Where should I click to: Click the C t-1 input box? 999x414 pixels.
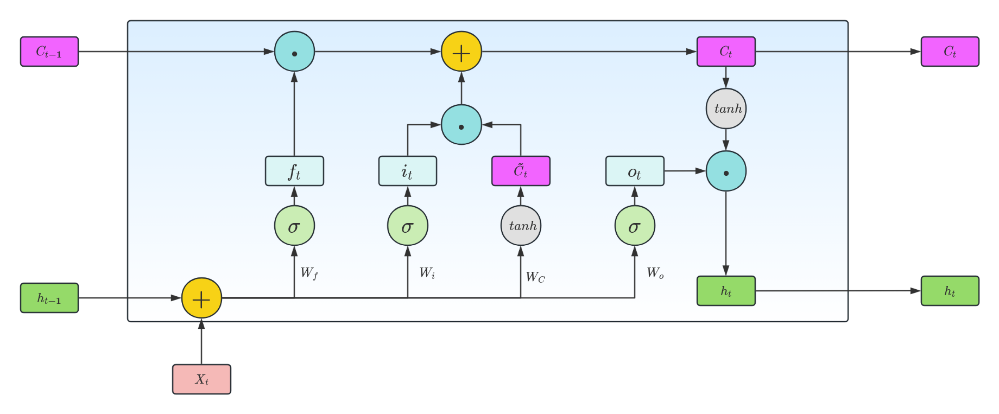click(49, 52)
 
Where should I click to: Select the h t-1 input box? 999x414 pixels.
click(49, 298)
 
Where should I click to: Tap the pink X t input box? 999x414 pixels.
click(201, 379)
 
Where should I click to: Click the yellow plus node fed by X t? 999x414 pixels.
click(201, 298)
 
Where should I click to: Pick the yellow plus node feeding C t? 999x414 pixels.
click(461, 52)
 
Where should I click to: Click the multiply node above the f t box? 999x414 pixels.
click(294, 52)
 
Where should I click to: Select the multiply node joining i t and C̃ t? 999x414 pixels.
click(461, 125)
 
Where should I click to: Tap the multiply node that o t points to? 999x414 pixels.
click(726, 171)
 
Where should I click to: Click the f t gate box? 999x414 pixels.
click(294, 171)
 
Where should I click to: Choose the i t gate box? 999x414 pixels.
click(407, 171)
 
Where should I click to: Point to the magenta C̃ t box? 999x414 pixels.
click(521, 171)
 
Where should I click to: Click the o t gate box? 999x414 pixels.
click(635, 171)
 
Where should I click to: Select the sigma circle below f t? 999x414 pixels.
click(294, 225)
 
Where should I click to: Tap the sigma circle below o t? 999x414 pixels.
click(635, 225)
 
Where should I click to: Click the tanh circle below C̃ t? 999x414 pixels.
click(521, 225)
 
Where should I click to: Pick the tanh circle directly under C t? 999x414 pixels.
click(726, 109)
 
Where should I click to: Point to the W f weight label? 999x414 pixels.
click(309, 273)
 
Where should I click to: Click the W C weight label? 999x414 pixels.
click(535, 277)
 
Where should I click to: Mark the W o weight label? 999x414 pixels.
click(655, 273)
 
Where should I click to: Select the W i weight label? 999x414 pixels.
click(427, 273)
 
